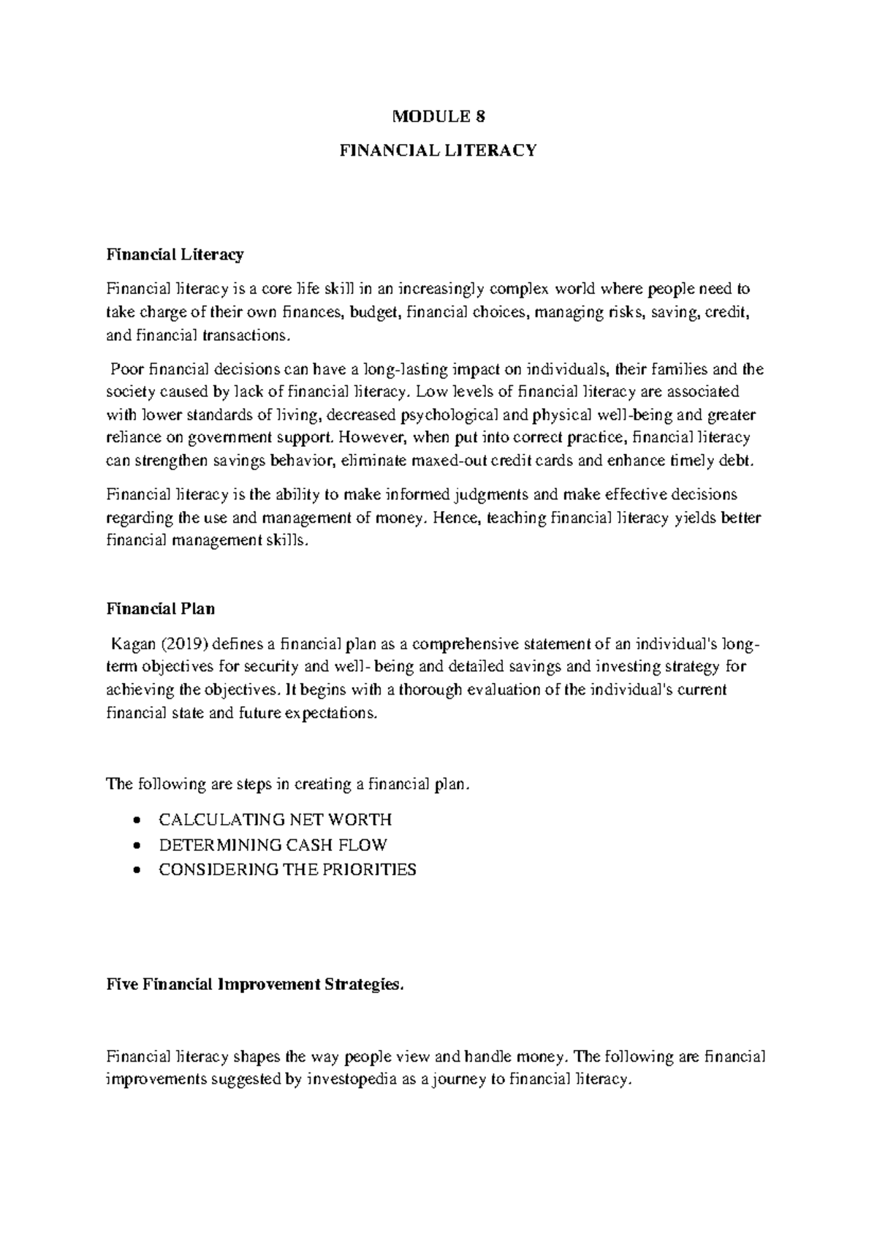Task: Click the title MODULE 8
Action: point(438,116)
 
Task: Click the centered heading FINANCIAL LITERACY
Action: point(438,151)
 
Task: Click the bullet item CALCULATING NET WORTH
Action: point(275,819)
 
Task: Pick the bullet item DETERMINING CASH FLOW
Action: point(273,844)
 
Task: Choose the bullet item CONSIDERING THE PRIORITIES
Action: point(287,869)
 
